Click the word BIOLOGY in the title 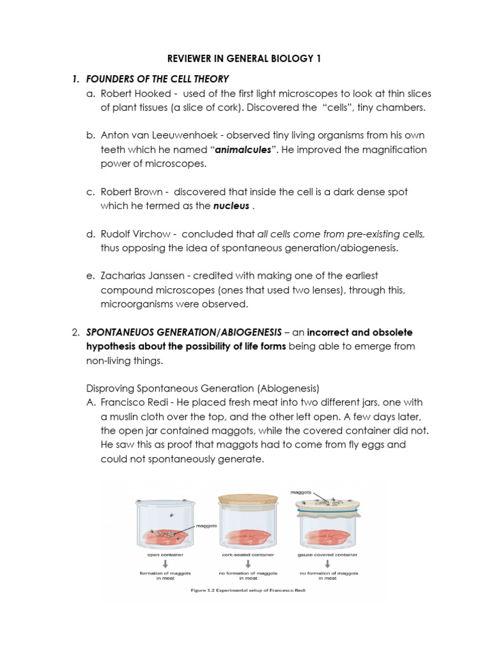284,59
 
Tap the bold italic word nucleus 231,205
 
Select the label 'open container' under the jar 161,555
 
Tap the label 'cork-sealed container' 248,555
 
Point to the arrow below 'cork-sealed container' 248,564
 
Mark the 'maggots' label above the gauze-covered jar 301,492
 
